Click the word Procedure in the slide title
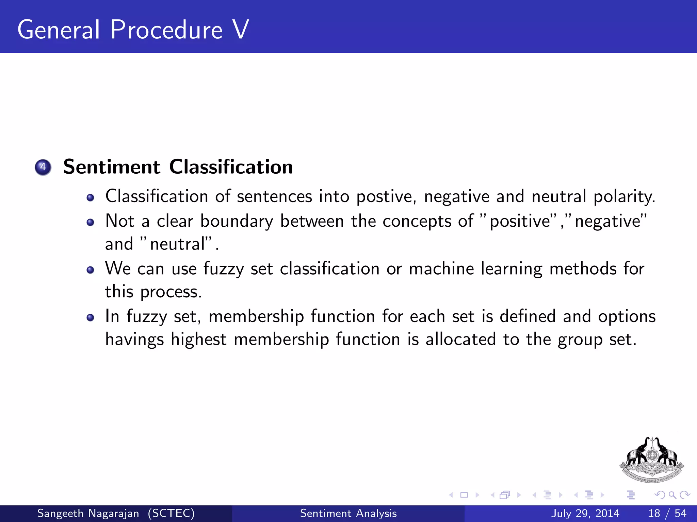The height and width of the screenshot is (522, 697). tap(166, 30)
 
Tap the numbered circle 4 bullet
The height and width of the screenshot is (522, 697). tap(43, 167)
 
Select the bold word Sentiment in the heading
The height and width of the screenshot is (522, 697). tap(112, 167)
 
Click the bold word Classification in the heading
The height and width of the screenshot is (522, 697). tap(231, 167)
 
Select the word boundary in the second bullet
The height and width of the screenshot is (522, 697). tap(237, 221)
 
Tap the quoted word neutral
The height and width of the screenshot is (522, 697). tap(179, 244)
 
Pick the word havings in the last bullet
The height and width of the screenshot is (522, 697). tap(134, 340)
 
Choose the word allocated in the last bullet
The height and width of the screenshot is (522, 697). tap(460, 339)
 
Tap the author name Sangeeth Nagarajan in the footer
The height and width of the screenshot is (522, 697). tap(88, 513)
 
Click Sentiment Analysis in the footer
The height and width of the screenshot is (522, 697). tap(348, 513)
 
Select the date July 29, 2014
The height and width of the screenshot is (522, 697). tap(585, 513)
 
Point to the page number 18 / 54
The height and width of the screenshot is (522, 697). tap(667, 513)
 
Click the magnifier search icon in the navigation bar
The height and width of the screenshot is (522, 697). tap(672, 495)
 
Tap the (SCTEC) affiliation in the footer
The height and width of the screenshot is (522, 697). tap(171, 513)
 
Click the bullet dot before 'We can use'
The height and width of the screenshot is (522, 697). tap(90, 270)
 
